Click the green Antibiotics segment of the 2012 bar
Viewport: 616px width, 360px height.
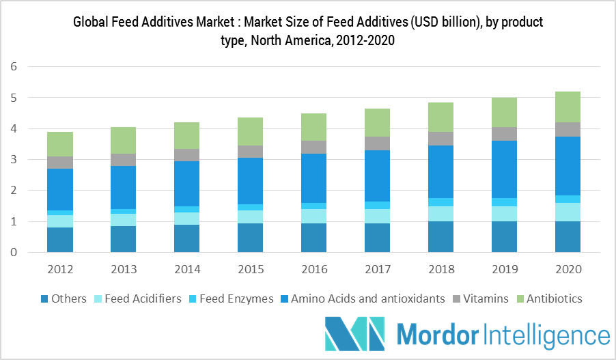point(60,144)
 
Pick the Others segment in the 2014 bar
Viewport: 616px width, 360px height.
point(186,238)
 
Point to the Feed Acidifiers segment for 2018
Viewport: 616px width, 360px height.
point(440,214)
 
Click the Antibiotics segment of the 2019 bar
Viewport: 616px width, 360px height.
point(504,112)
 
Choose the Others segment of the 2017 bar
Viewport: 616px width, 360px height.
point(377,238)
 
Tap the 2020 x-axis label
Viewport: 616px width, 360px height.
point(568,269)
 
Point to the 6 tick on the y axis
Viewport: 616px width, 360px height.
point(14,67)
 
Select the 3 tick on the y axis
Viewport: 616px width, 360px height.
point(14,160)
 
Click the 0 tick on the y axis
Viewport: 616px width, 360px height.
point(14,253)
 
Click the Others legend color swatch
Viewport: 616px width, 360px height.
point(44,299)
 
